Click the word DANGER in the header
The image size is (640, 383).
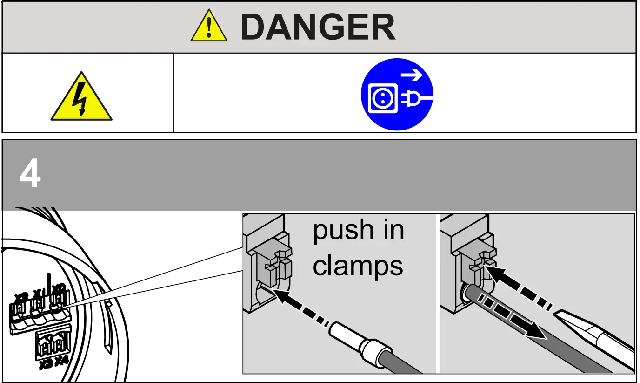click(x=318, y=27)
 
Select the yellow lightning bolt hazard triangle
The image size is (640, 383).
click(x=81, y=98)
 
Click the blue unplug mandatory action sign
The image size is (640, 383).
click(x=397, y=94)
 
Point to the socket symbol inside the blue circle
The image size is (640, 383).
click(x=383, y=98)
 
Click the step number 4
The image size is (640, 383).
click(x=30, y=176)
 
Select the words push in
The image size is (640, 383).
click(x=358, y=231)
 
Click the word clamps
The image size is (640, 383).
click(x=358, y=266)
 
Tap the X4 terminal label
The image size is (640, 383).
click(x=61, y=361)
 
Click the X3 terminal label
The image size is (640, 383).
click(x=46, y=364)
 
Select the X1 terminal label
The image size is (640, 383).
click(x=39, y=294)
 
